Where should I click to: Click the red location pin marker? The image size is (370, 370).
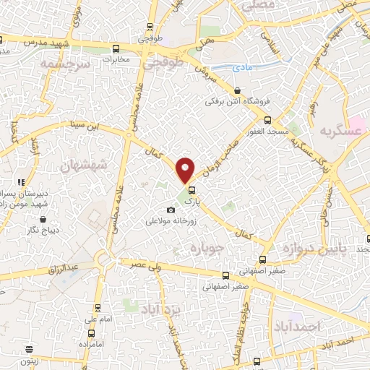[x=186, y=170]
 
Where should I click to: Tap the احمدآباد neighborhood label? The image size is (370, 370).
[x=296, y=327]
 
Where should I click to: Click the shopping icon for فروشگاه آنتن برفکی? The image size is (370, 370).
[x=238, y=90]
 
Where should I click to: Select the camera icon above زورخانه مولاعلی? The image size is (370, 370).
[x=171, y=210]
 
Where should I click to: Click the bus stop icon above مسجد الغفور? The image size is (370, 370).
[x=267, y=120]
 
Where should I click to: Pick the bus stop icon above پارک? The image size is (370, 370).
[x=192, y=191]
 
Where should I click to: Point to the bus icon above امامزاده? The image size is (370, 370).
[x=91, y=333]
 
